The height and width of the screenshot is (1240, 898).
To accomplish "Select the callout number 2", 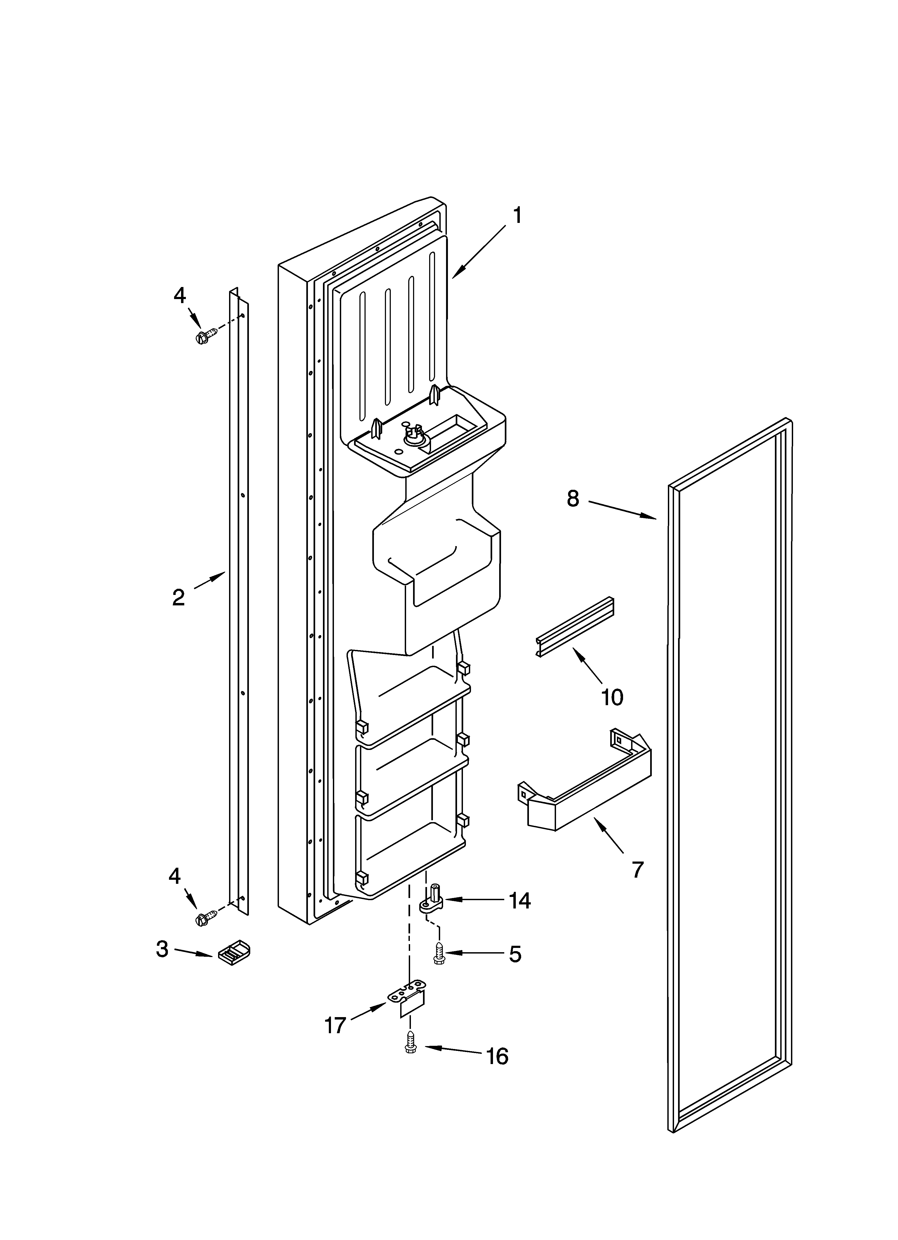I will [178, 598].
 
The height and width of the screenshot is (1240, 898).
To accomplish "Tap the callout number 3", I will [162, 949].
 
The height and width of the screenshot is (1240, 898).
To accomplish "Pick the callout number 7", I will [638, 869].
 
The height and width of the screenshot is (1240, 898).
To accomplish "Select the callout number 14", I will [520, 900].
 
